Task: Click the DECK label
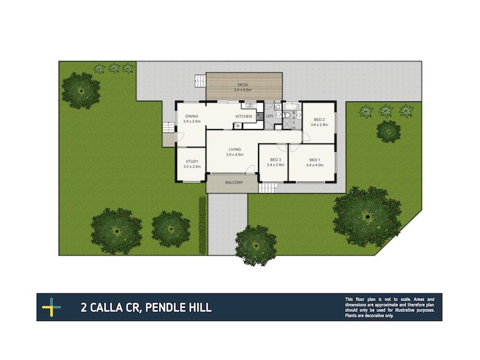243,85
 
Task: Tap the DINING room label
192,116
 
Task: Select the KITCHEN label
244,116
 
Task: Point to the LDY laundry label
269,116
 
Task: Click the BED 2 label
319,119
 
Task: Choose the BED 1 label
314,160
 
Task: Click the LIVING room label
234,149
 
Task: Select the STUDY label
192,161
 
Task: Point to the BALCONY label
233,183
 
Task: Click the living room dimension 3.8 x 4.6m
234,155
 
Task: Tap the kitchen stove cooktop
238,125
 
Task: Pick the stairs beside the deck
200,81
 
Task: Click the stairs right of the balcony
268,188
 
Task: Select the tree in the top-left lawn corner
80,90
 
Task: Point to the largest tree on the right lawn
367,215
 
